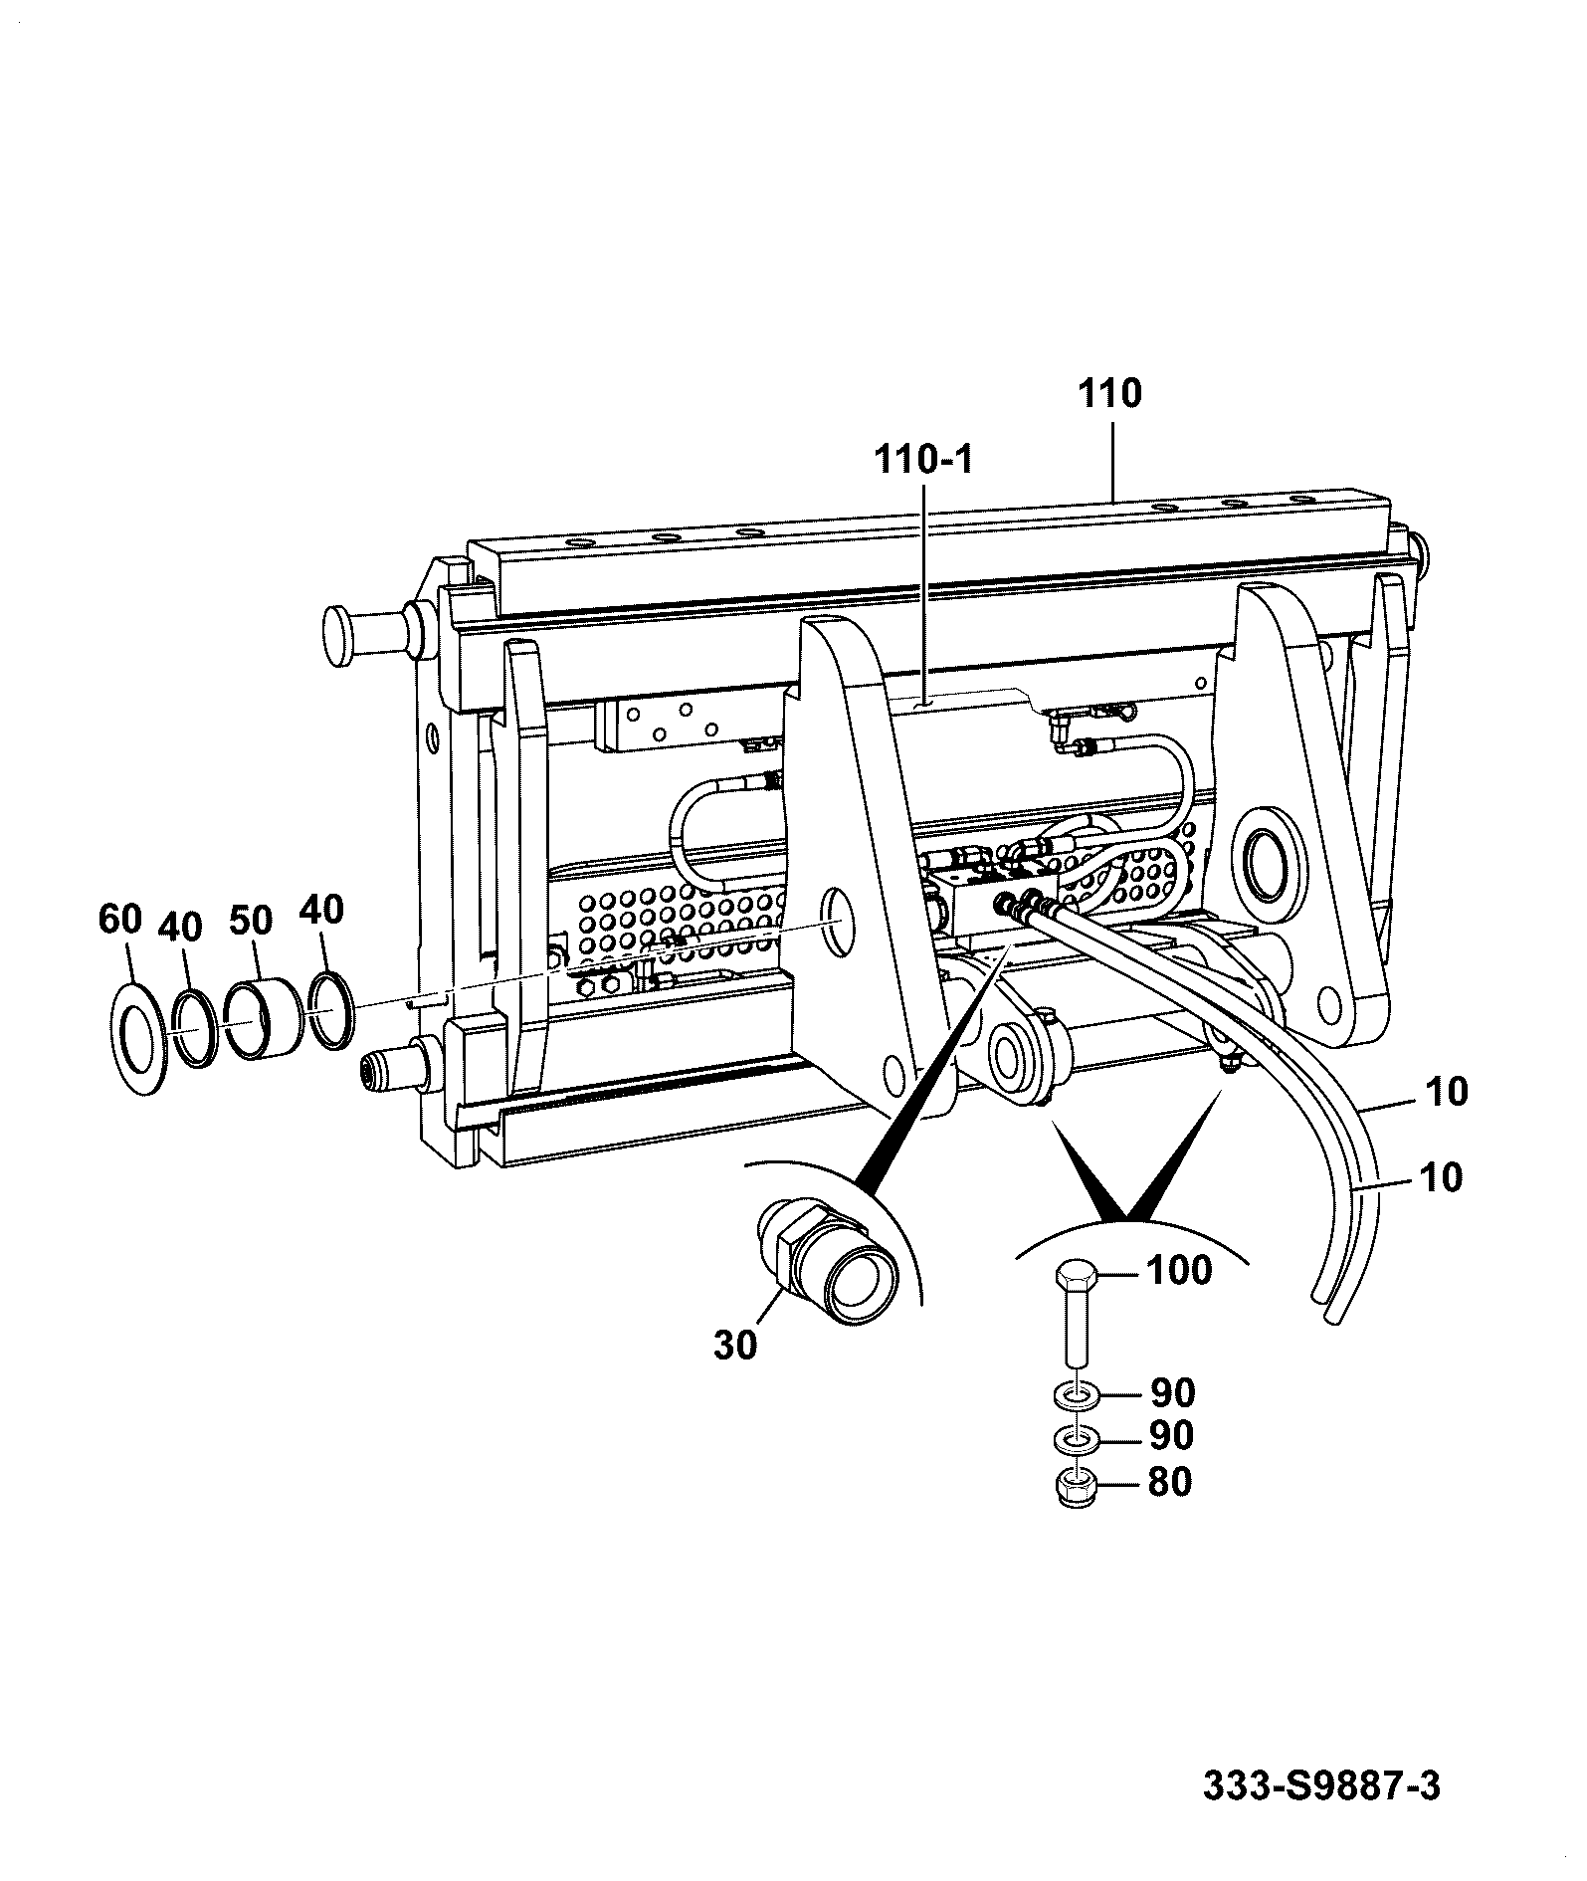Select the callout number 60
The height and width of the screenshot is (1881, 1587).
click(120, 920)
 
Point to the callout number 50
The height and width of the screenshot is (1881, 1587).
click(251, 920)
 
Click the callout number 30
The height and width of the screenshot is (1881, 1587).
click(735, 1346)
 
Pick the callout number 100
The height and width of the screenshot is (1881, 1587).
click(1180, 1270)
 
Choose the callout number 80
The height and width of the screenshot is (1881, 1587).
click(1169, 1483)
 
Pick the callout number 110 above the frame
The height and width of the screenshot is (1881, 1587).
click(1109, 393)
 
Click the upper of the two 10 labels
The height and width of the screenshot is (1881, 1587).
click(1446, 1092)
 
